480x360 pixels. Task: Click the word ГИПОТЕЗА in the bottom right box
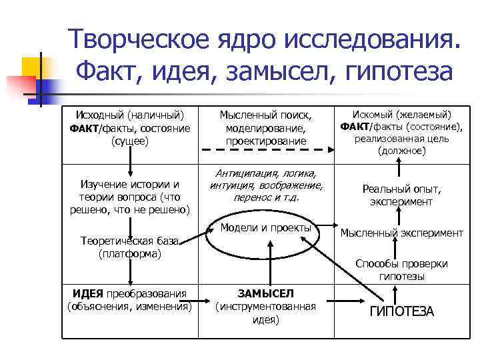click(401, 311)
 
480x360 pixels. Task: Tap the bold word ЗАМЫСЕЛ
click(265, 293)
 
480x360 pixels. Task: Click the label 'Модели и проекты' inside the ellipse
click(265, 228)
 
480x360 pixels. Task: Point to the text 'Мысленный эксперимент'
click(401, 233)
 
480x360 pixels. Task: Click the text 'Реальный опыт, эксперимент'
click(401, 195)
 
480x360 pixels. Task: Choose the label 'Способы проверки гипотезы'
click(401, 269)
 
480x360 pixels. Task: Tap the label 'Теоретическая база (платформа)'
click(129, 247)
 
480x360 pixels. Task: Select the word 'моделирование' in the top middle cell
click(265, 128)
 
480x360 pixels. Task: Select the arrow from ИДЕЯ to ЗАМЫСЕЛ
click(206, 306)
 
